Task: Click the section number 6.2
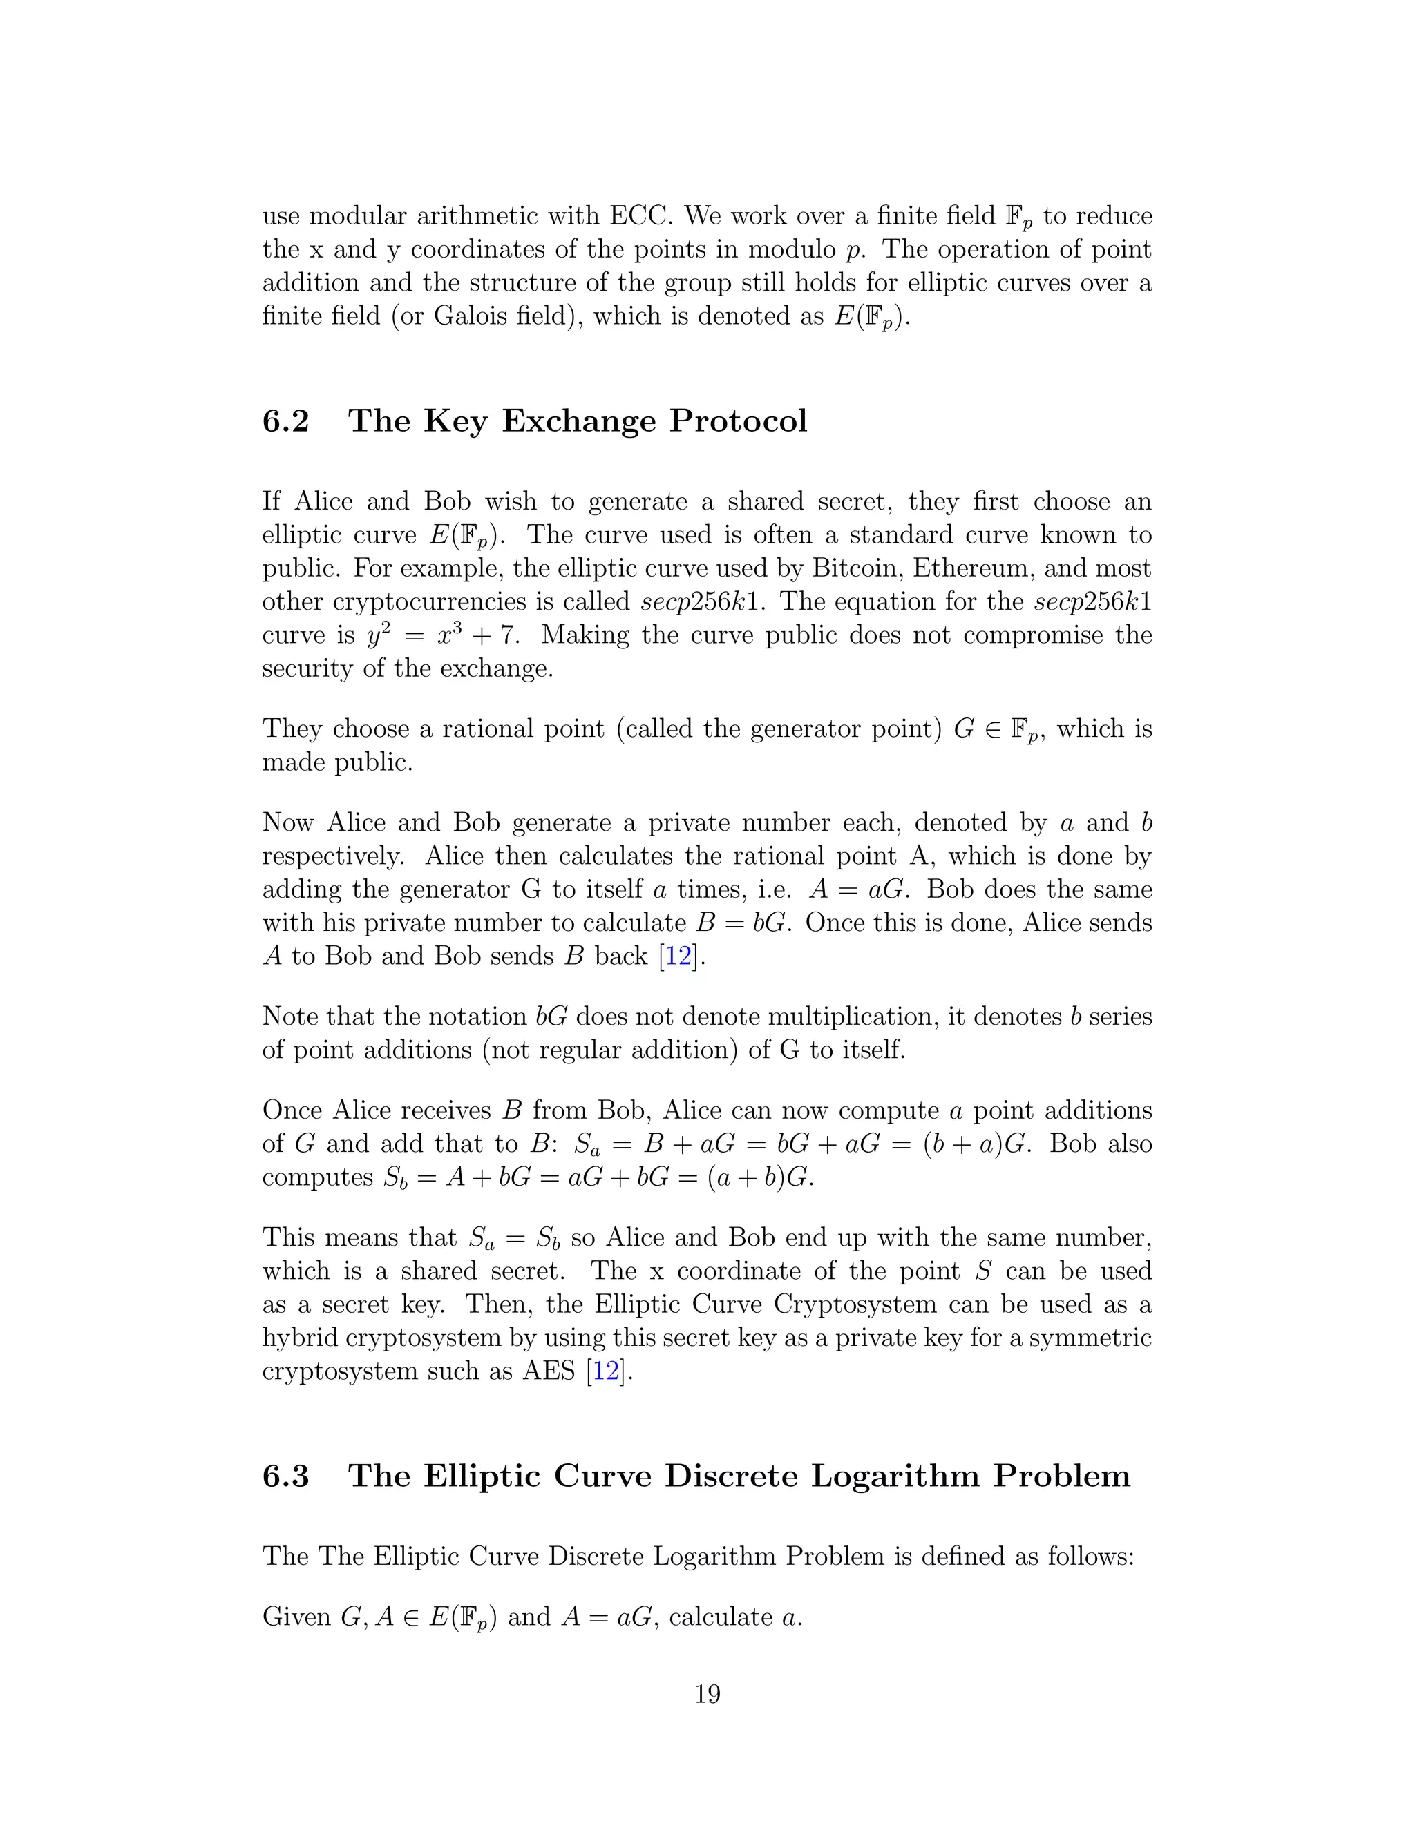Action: point(286,421)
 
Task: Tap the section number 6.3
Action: point(286,1476)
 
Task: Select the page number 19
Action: point(707,1694)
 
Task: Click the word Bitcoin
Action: point(857,568)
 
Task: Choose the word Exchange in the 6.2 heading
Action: point(578,421)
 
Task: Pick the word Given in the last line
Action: point(296,1617)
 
